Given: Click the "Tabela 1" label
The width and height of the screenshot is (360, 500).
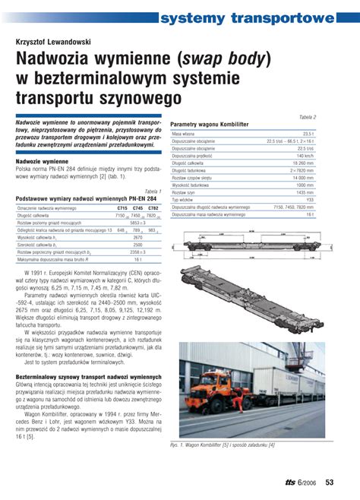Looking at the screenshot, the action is tap(151, 191).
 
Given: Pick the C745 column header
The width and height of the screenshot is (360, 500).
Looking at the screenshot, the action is tap(137, 207).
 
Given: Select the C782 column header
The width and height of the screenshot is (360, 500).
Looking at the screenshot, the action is tap(153, 207).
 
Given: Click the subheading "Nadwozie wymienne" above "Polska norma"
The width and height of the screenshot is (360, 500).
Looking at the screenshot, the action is tap(41, 162).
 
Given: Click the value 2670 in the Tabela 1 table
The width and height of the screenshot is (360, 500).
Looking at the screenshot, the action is tap(137, 237).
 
